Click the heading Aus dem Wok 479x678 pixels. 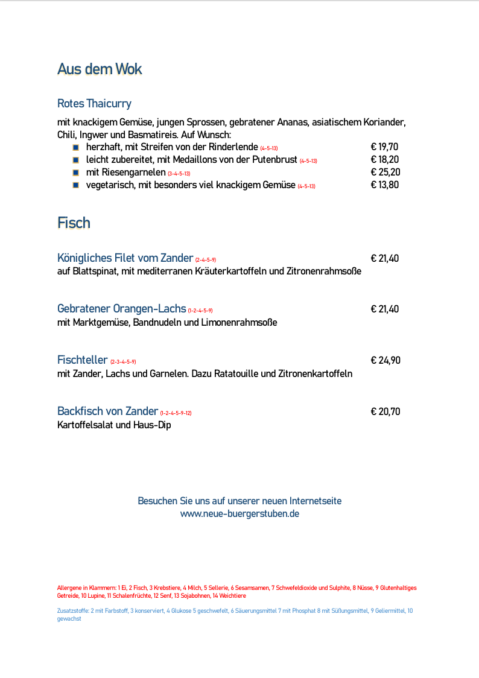tap(100, 69)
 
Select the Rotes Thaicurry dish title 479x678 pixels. tap(94, 103)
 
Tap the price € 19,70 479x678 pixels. tap(384, 147)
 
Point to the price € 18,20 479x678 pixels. tap(384, 160)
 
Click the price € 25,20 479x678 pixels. tap(385, 173)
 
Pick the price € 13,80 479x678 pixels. tap(384, 185)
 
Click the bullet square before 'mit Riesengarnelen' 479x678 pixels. tap(75, 173)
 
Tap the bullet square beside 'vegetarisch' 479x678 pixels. tap(75, 185)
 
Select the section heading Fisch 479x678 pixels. tap(74, 223)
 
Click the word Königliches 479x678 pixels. tap(84, 258)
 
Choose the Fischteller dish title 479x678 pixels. tap(82, 360)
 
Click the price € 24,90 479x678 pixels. tap(385, 361)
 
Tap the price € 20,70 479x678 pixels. tap(385, 412)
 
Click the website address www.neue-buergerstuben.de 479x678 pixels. tap(239, 514)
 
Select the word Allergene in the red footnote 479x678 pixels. tap(69, 588)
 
